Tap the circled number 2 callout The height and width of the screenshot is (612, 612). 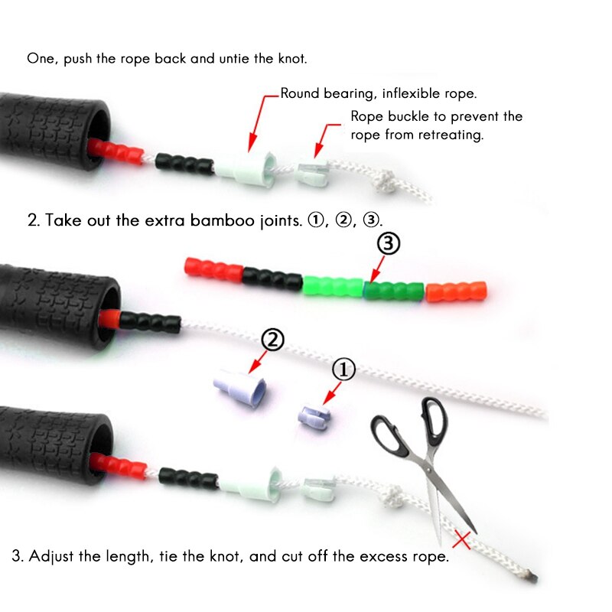273,339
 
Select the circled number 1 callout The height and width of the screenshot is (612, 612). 343,370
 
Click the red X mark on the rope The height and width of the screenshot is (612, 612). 461,539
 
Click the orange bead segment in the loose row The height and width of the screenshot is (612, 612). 456,291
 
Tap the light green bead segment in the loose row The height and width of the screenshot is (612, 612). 333,288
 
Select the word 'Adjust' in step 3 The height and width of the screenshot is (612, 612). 53,556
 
